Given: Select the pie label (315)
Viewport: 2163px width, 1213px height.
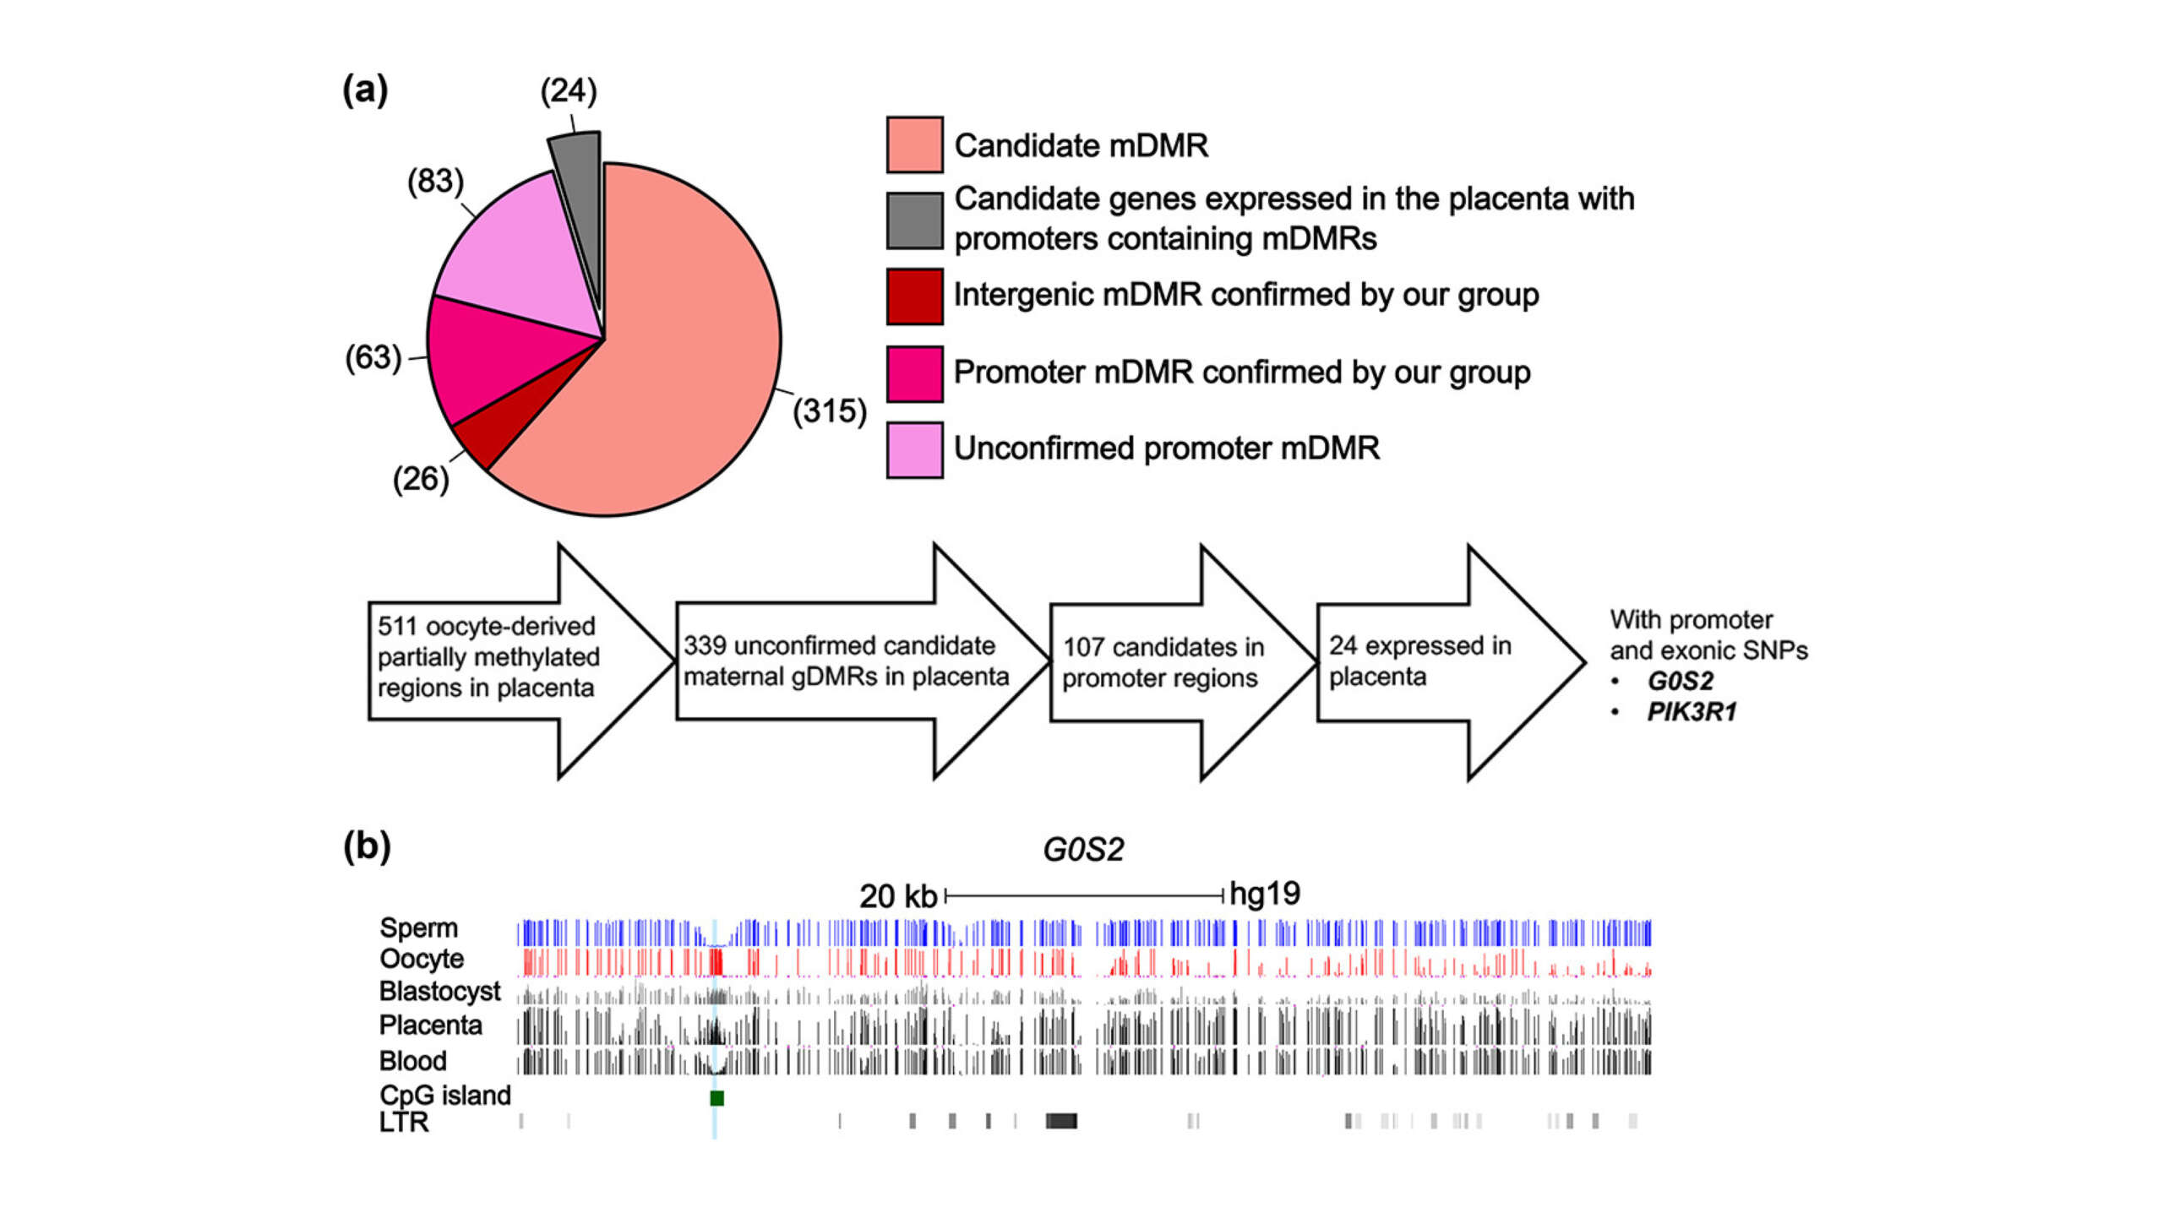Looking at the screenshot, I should pos(829,411).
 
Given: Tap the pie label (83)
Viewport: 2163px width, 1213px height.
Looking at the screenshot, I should pos(435,181).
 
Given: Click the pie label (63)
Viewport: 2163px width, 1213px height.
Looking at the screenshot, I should pos(373,357).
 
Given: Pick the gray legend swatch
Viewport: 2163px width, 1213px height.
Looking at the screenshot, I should pos(914,220).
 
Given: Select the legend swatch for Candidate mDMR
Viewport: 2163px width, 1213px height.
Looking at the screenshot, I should pos(914,145).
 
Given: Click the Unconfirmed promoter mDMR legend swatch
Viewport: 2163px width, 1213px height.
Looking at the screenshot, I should pos(914,450).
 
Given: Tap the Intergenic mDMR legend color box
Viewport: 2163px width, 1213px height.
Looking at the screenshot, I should pos(914,296).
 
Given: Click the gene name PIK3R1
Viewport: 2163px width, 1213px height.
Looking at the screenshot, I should pos(1692,712).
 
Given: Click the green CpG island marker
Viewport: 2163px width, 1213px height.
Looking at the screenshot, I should pos(716,1098).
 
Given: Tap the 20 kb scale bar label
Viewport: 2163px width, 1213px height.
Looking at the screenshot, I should pos(897,896).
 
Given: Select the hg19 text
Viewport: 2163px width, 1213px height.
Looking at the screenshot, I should pos(1264,894).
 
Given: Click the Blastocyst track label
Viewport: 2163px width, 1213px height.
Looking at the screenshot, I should pos(439,991).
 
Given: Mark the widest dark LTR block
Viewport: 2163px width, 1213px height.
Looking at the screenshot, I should pos(1061,1121).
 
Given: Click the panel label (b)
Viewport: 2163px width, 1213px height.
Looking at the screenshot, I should pos(367,846).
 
